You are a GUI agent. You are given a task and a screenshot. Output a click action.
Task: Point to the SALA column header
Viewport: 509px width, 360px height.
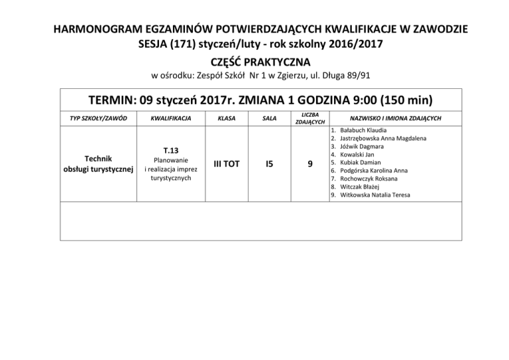(269, 118)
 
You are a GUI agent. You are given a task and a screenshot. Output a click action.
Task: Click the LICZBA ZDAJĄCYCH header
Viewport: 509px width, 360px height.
(310, 118)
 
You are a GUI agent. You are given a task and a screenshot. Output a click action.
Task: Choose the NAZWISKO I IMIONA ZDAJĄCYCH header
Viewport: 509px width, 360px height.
(396, 118)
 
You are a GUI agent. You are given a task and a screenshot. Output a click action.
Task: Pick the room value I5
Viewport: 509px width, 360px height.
(269, 164)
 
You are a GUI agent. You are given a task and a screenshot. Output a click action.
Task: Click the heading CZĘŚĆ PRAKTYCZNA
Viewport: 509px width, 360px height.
(255, 62)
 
